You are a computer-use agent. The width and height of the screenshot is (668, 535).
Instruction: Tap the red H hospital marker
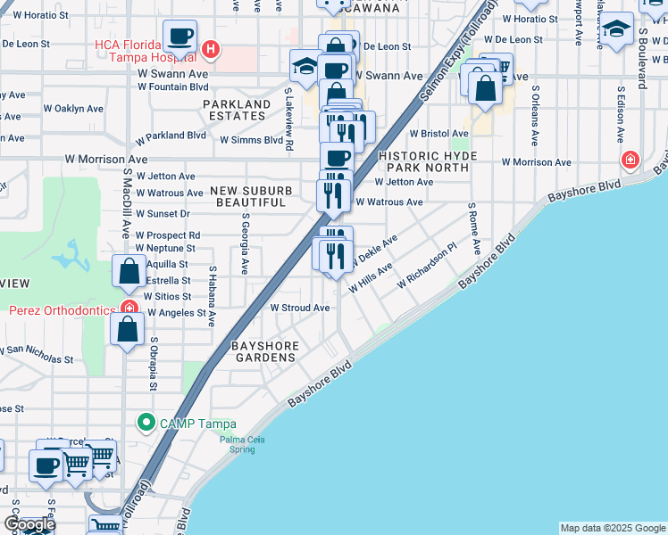point(210,49)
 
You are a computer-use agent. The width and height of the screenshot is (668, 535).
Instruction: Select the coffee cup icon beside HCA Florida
point(181,37)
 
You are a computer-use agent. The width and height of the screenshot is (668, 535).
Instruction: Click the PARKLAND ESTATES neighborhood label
point(236,111)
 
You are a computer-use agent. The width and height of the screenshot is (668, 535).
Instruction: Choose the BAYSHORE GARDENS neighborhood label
point(263,350)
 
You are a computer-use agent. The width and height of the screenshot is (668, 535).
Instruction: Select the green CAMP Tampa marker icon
point(144,422)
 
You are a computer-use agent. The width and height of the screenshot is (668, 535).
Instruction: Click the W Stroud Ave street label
point(300,308)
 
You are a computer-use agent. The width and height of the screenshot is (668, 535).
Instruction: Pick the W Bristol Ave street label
point(439,133)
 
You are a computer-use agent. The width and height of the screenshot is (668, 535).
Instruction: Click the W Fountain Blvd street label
point(173,87)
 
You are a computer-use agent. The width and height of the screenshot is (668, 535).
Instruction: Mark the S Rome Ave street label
point(475,227)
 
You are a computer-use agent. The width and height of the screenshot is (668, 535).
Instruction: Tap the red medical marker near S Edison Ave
point(630,160)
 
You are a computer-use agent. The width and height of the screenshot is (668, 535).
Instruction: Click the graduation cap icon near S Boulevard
point(616,29)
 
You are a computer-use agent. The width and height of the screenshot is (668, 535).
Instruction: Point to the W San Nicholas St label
point(36,354)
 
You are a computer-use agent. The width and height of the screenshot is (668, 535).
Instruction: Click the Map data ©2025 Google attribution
point(612,528)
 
